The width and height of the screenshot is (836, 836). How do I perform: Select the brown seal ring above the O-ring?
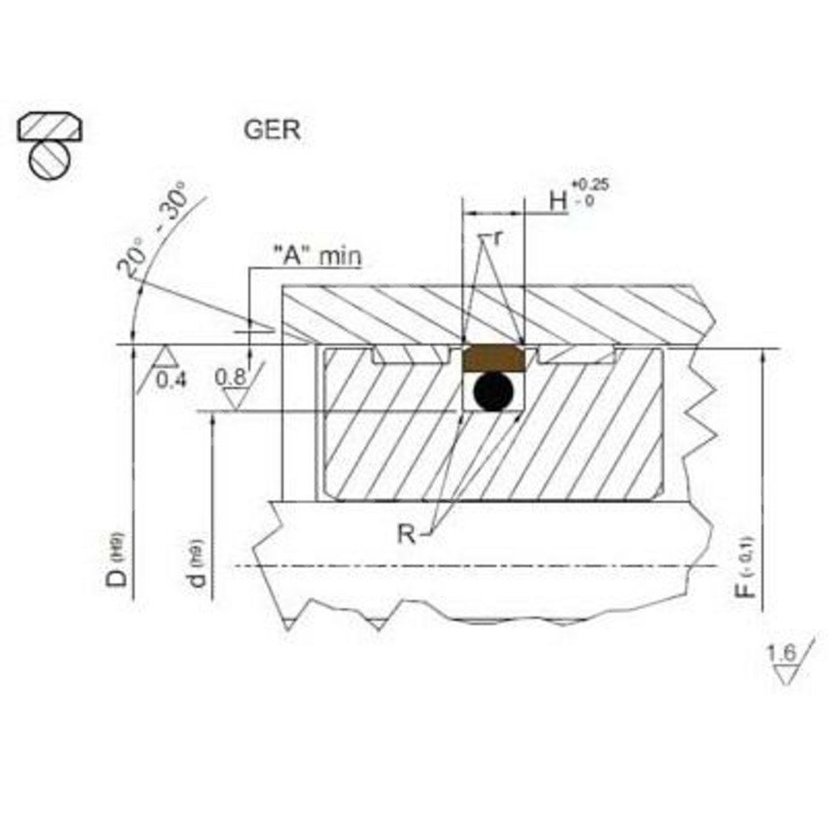pyautogui.click(x=494, y=358)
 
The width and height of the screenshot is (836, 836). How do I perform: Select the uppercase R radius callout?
pyautogui.click(x=406, y=533)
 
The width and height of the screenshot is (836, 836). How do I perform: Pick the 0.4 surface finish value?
pyautogui.click(x=172, y=380)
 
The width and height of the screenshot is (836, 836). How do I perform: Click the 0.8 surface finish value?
pyautogui.click(x=231, y=377)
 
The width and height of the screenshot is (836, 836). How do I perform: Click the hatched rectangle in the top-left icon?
pyautogui.click(x=50, y=127)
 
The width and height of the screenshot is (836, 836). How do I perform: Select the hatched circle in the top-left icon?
pyautogui.click(x=49, y=159)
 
